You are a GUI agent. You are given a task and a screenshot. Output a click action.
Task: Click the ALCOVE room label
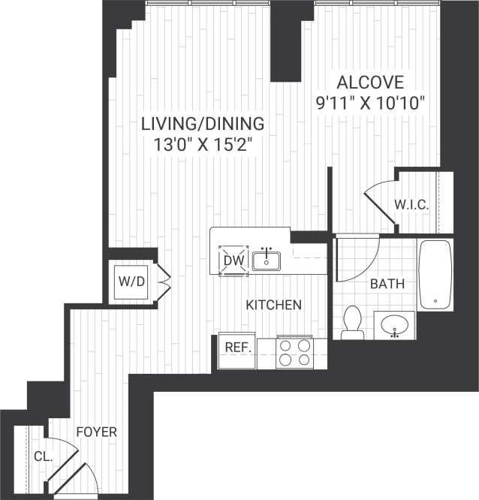[x=370, y=83]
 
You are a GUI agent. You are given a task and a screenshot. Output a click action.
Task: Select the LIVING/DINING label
[x=203, y=123]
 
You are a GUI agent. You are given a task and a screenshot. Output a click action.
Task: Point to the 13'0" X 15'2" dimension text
[x=203, y=145]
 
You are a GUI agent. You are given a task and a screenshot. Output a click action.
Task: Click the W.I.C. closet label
[x=412, y=203]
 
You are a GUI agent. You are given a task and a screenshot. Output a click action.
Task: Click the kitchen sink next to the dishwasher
[x=266, y=261]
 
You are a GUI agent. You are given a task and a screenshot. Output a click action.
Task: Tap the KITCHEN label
[x=274, y=305]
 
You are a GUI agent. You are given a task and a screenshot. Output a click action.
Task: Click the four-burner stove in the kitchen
[x=294, y=353]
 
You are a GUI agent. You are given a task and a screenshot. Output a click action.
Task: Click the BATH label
[x=387, y=285]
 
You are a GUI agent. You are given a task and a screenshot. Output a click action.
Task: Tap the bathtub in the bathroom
[x=435, y=274]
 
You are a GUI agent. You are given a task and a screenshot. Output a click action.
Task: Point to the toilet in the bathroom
[x=351, y=321]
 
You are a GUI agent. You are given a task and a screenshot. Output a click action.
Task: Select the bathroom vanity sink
[x=395, y=326]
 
